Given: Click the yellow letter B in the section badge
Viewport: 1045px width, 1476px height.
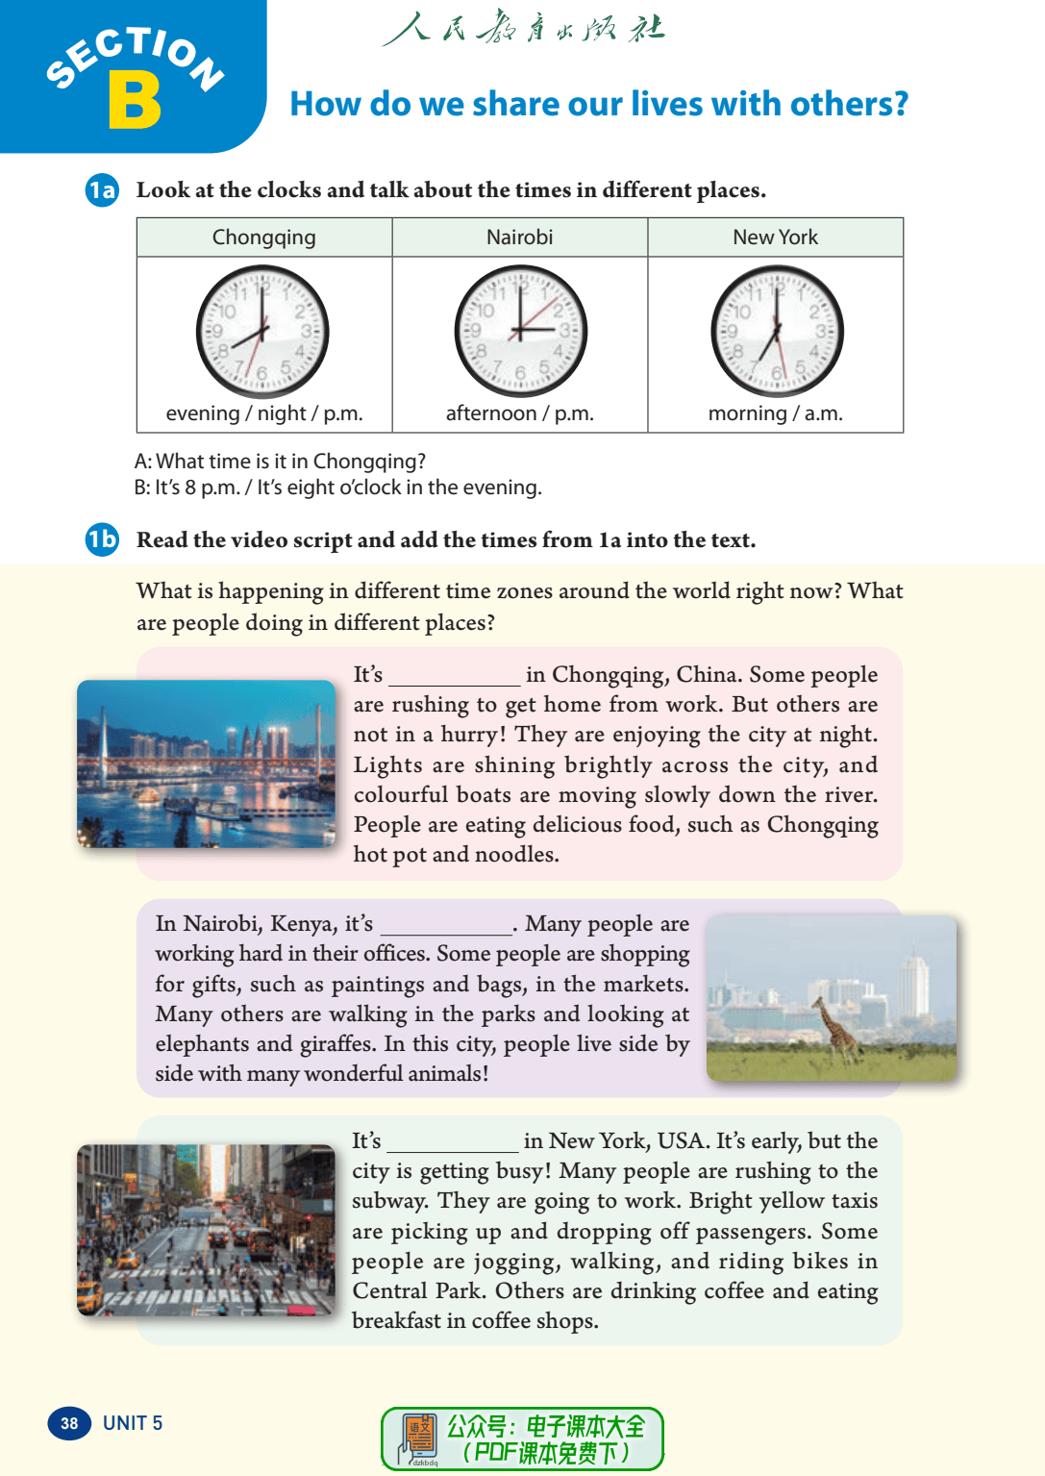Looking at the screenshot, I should pyautogui.click(x=135, y=101).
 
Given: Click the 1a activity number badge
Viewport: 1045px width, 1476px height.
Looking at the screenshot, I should pyautogui.click(x=102, y=190).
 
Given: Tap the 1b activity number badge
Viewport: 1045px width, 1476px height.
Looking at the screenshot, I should pyautogui.click(x=102, y=539).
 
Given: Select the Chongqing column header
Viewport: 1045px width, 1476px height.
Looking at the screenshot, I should pyautogui.click(x=263, y=238).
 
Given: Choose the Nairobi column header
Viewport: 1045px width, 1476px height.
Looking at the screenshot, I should pyautogui.click(x=519, y=238).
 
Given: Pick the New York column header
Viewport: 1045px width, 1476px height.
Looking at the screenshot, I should pyautogui.click(x=775, y=238).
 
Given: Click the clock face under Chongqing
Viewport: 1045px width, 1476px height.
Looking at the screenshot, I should pyautogui.click(x=262, y=332).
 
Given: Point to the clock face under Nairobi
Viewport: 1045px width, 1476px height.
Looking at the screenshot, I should pyautogui.click(x=520, y=332).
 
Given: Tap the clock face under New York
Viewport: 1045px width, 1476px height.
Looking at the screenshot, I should pyautogui.click(x=777, y=332).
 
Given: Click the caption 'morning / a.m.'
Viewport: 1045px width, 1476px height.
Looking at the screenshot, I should pyautogui.click(x=775, y=413).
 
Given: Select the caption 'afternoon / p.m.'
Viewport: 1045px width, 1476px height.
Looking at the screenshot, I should pyautogui.click(x=519, y=413).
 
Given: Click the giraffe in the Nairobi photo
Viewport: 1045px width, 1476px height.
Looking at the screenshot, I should pyautogui.click(x=833, y=1029).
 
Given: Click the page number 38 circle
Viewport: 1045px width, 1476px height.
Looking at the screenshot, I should pyautogui.click(x=69, y=1423).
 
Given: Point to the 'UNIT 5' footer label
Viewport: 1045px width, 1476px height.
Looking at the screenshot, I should pyautogui.click(x=133, y=1423).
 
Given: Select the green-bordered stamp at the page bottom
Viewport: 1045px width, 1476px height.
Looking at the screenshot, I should pyautogui.click(x=522, y=1438).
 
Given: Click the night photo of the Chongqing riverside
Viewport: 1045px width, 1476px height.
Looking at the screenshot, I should pyautogui.click(x=206, y=763).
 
